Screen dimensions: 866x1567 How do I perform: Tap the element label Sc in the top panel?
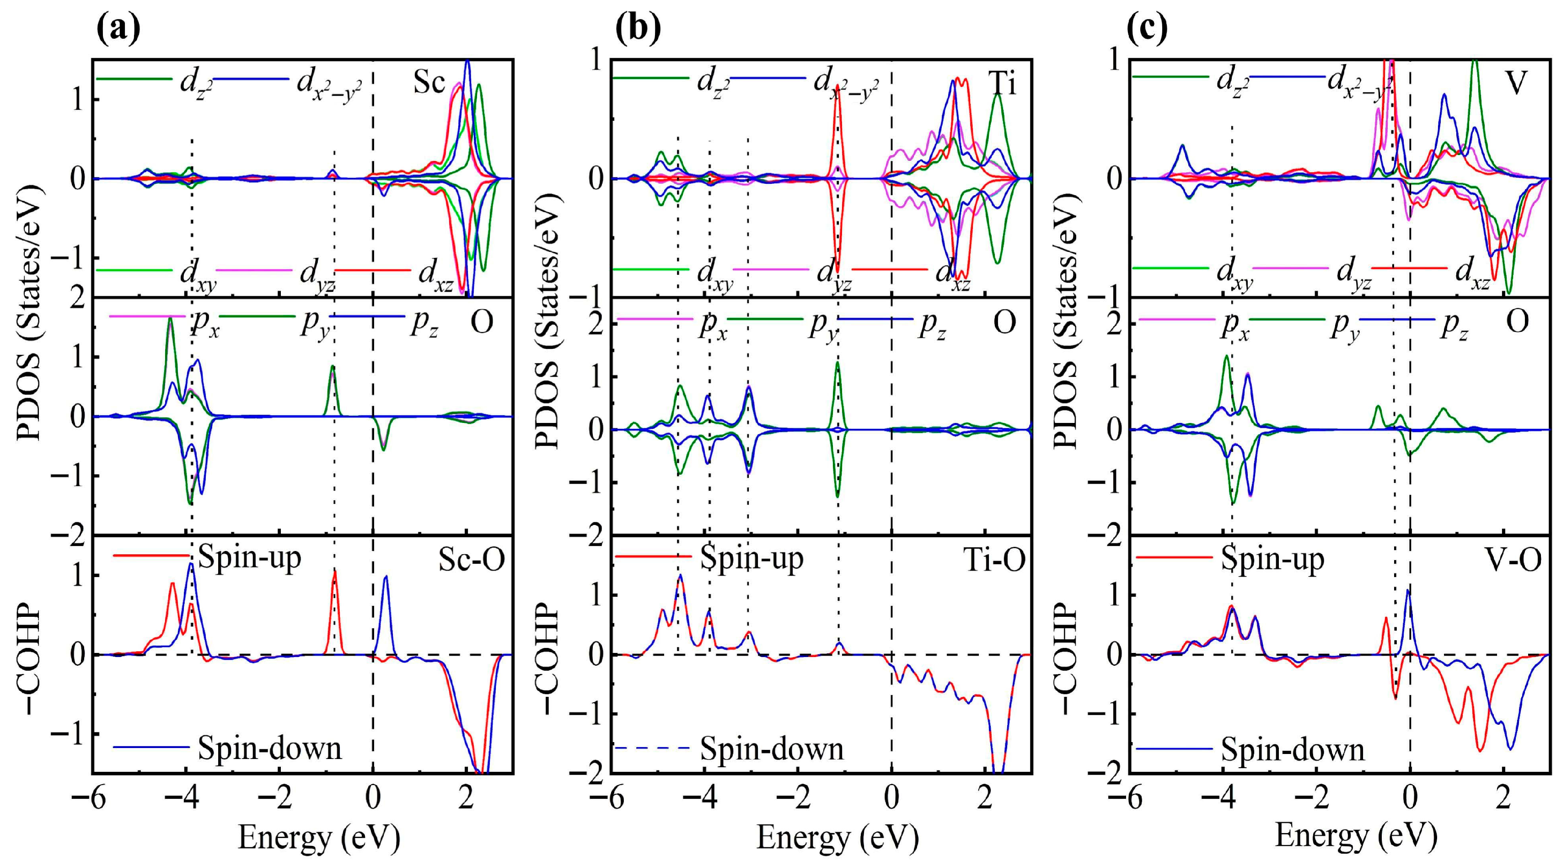[429, 82]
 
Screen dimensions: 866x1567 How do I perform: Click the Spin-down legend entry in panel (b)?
[771, 748]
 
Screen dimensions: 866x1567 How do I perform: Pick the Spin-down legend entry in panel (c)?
[1293, 749]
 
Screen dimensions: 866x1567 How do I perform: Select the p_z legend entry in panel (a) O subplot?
[424, 324]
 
